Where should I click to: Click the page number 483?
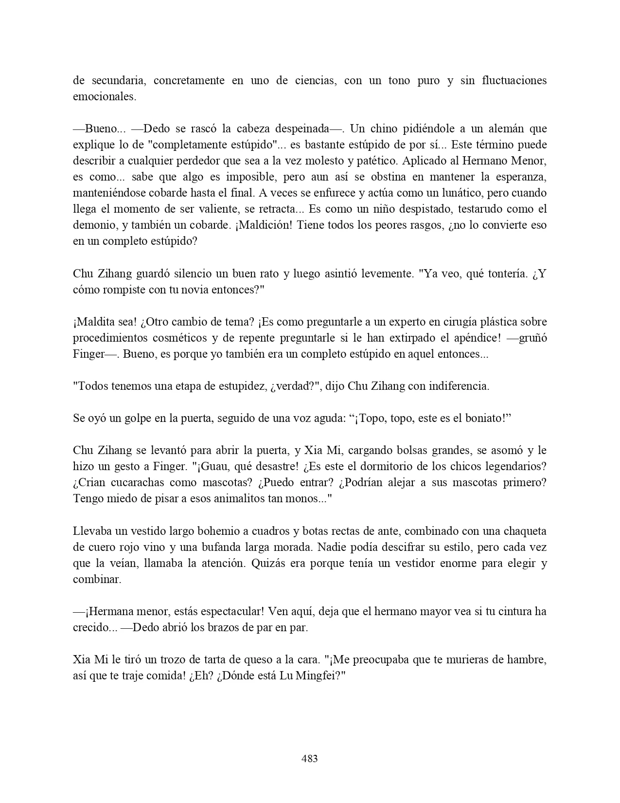310,758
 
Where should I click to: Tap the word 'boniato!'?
491,418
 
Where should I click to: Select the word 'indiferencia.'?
455,386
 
